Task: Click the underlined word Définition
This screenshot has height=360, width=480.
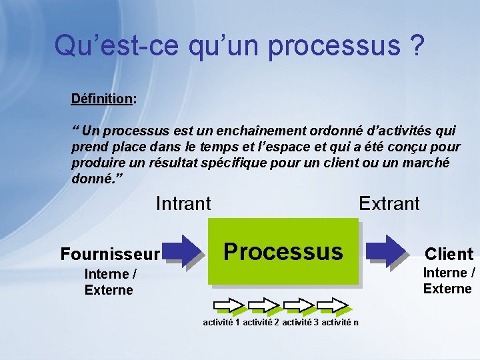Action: (101, 99)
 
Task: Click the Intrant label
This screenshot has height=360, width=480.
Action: (183, 203)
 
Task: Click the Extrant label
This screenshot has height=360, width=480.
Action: (389, 203)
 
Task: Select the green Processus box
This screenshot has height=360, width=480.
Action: (283, 251)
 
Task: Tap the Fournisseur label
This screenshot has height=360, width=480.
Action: (109, 254)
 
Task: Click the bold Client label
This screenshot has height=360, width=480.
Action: (449, 253)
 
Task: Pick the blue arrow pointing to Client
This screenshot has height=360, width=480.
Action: (389, 251)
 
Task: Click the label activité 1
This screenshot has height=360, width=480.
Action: (221, 323)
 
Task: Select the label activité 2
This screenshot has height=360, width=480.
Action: (261, 323)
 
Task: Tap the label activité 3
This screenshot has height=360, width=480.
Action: (300, 323)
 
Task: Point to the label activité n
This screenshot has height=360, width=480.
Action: (339, 323)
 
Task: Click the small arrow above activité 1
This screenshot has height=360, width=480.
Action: (228, 305)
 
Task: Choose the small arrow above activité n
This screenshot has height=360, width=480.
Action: (332, 305)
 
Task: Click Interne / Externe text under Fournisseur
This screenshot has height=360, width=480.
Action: (110, 282)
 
